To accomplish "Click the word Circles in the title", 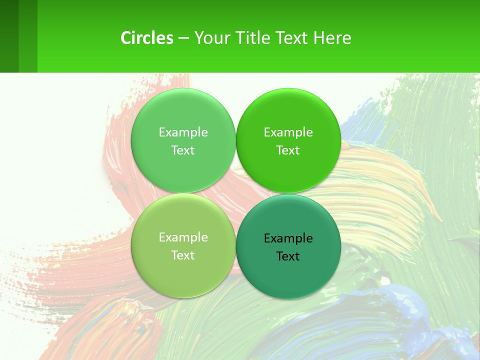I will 147,38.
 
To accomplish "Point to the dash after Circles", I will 183,38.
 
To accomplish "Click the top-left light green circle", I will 183,115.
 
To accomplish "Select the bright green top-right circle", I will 288,115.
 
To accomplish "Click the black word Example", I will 288,238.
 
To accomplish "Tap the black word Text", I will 288,256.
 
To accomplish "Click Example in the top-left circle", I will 183,132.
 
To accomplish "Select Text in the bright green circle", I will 288,150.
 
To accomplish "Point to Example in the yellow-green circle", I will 183,237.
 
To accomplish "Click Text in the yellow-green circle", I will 183,255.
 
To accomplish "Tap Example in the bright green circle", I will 288,132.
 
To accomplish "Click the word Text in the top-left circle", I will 183,150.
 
